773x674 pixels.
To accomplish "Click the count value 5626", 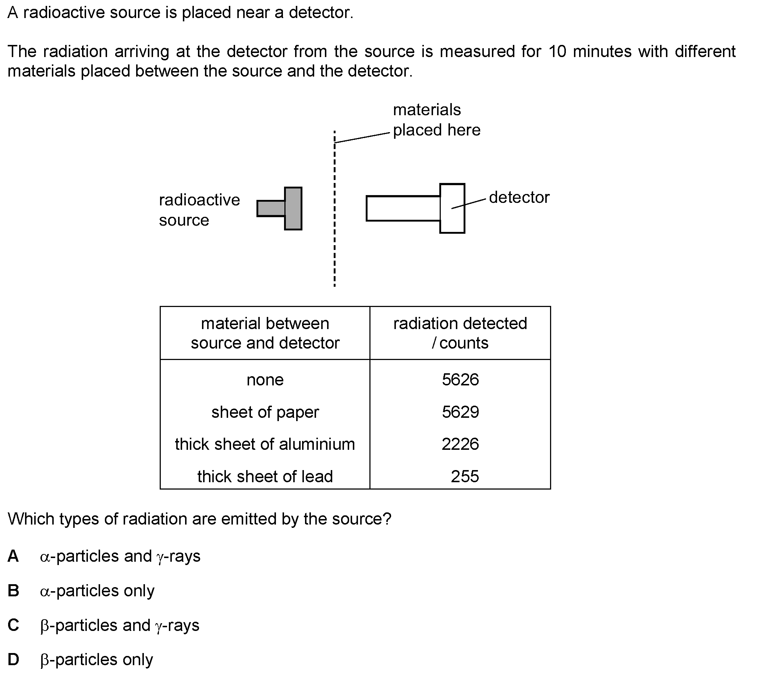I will (x=460, y=380).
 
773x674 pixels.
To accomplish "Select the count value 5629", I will (x=460, y=412).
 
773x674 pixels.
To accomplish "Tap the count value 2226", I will (x=460, y=444).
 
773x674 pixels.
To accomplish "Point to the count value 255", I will (x=464, y=477).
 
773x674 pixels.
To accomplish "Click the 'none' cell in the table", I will (x=265, y=380).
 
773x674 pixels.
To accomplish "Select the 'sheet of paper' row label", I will (x=265, y=412).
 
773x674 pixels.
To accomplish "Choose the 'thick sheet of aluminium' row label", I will (x=265, y=444).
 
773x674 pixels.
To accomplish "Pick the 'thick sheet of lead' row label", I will (x=265, y=477).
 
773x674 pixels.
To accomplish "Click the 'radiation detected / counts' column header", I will (x=460, y=333).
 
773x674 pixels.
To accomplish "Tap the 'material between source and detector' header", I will (x=265, y=333).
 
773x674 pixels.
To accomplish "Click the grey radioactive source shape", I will (x=293, y=208).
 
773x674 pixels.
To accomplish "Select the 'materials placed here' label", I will (x=436, y=120).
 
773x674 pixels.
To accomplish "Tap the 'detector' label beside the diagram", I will (x=519, y=197).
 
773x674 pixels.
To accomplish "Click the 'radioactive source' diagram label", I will (x=199, y=210).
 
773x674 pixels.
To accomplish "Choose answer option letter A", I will (x=13, y=556).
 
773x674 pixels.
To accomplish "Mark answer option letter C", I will (x=13, y=625).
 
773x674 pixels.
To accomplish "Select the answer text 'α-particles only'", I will (x=97, y=591).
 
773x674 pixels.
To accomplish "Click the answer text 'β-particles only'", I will (x=96, y=660).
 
